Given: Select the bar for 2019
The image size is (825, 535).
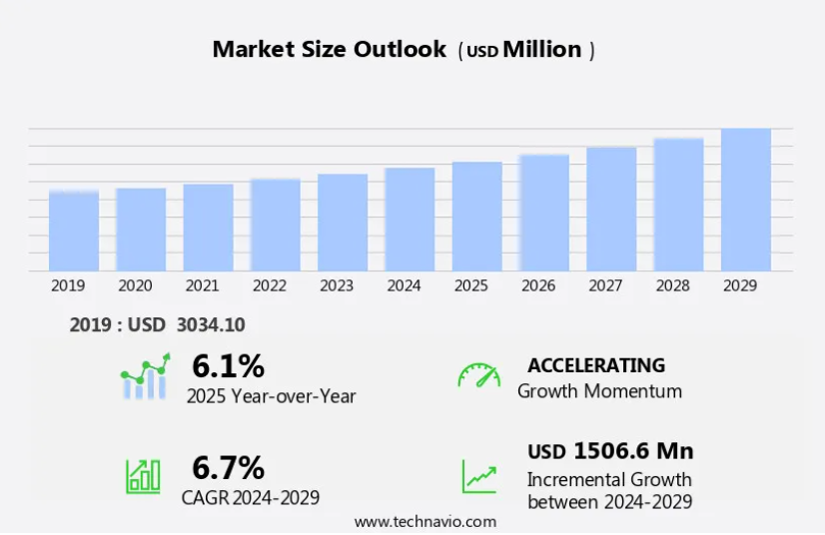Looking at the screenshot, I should pyautogui.click(x=74, y=231).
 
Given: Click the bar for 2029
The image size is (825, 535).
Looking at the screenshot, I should pyautogui.click(x=746, y=200).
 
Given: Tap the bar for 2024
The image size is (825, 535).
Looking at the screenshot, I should pyautogui.click(x=410, y=220).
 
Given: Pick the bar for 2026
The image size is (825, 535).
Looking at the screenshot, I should pyautogui.click(x=544, y=213).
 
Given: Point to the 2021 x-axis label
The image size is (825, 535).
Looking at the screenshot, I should pyautogui.click(x=202, y=285).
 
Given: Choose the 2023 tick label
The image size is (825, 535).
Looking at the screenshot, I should pyautogui.click(x=337, y=285).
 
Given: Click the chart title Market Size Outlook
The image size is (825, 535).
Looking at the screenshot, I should pyautogui.click(x=329, y=50).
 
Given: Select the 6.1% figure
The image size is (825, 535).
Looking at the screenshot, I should pyautogui.click(x=228, y=367).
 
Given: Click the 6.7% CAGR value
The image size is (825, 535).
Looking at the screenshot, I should pyautogui.click(x=228, y=467).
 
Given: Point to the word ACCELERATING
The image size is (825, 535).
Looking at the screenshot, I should pyautogui.click(x=596, y=365).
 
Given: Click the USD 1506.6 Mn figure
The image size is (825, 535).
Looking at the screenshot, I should pyautogui.click(x=610, y=451).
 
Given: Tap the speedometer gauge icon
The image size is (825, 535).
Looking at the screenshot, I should pyautogui.click(x=478, y=376).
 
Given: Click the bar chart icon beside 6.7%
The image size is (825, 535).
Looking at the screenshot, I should pyautogui.click(x=143, y=476).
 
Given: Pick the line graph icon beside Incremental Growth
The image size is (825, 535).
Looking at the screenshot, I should pyautogui.click(x=478, y=476).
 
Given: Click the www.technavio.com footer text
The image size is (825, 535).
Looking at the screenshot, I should pyautogui.click(x=425, y=521).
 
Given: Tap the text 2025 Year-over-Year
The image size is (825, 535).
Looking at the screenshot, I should pyautogui.click(x=271, y=396).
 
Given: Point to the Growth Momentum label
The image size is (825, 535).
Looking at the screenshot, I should pyautogui.click(x=599, y=391).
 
